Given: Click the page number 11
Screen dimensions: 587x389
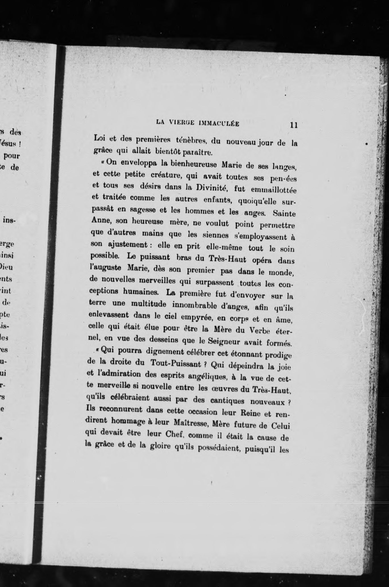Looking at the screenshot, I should (294, 125).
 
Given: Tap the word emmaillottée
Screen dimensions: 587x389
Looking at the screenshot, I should (272, 189).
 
